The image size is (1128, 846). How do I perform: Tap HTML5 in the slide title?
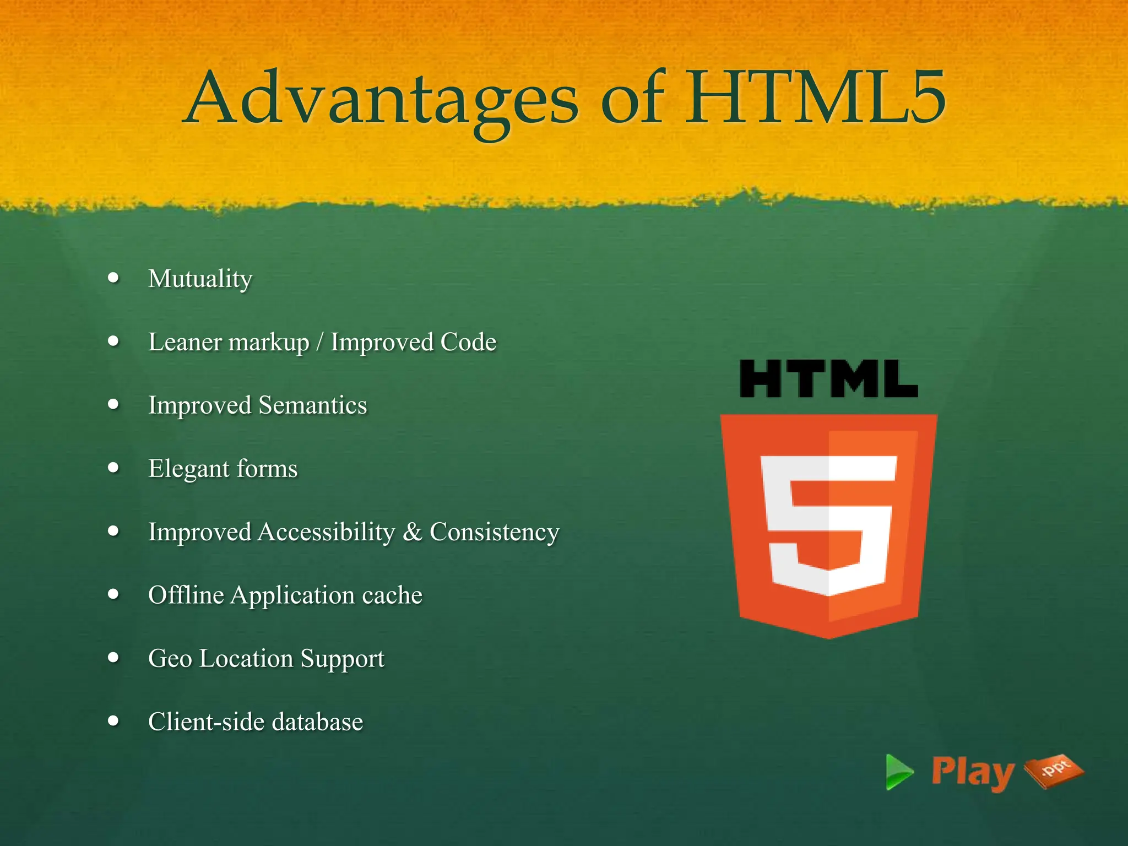click(x=815, y=99)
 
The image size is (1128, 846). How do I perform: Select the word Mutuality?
click(x=200, y=279)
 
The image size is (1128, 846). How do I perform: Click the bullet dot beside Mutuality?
click(x=114, y=278)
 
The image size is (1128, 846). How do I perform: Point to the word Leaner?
click(x=185, y=342)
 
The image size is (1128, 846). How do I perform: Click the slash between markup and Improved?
click(x=320, y=342)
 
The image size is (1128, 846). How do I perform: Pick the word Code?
click(x=468, y=342)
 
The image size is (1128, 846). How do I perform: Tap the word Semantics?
click(x=312, y=405)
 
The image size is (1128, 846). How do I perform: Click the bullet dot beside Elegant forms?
click(x=114, y=468)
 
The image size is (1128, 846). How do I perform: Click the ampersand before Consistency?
click(x=412, y=532)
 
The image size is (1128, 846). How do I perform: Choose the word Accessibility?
click(x=326, y=532)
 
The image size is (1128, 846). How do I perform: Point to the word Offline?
click(x=186, y=595)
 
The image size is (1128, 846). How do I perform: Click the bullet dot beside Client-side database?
click(x=114, y=721)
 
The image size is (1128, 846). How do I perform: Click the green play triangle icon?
click(x=898, y=772)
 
